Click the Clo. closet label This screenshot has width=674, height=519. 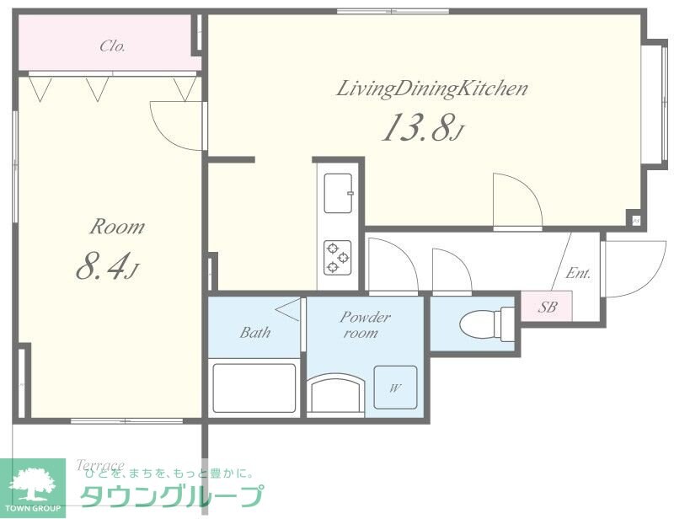click(112, 46)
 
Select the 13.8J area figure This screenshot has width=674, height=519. click(422, 127)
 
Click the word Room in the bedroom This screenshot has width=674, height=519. click(117, 227)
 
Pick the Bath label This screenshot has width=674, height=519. click(254, 333)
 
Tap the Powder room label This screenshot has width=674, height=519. click(365, 324)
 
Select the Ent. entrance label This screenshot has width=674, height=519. click(578, 273)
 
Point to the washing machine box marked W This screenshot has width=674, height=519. click(395, 388)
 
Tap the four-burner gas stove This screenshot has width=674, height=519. click(339, 256)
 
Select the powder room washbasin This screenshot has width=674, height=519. click(336, 393)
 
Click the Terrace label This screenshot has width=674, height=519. click(100, 465)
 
